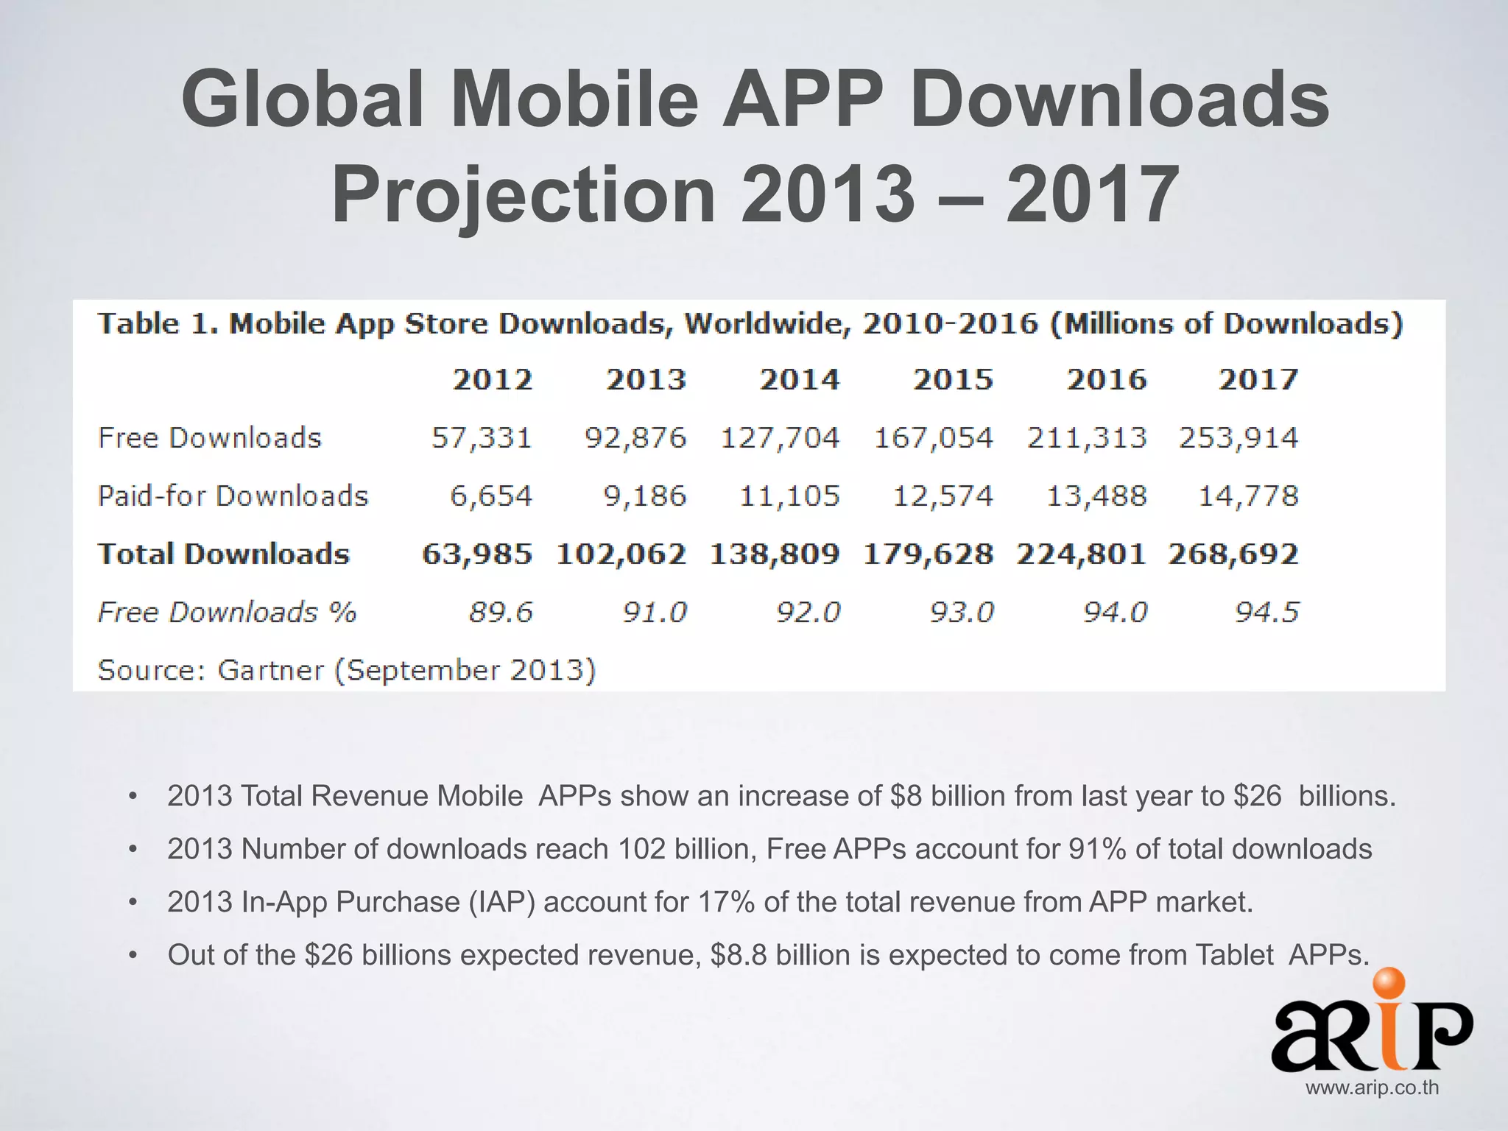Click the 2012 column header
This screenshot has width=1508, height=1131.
492,380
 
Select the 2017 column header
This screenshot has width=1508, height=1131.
1258,380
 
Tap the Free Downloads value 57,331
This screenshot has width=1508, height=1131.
482,438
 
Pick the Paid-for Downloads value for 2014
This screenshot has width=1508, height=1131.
789,496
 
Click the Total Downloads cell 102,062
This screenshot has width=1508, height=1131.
621,554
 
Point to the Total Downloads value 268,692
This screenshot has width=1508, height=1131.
1233,554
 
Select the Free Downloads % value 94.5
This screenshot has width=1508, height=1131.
1266,613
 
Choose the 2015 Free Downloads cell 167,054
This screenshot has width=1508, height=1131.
933,438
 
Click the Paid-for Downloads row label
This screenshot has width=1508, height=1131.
233,496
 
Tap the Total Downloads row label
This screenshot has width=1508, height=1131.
223,554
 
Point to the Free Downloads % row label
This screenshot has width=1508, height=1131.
227,613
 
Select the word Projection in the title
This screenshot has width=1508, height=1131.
524,194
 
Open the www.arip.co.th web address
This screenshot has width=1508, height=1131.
1372,1088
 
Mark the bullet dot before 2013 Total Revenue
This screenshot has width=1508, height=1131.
133,797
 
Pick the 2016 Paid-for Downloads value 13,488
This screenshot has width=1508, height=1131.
1096,496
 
